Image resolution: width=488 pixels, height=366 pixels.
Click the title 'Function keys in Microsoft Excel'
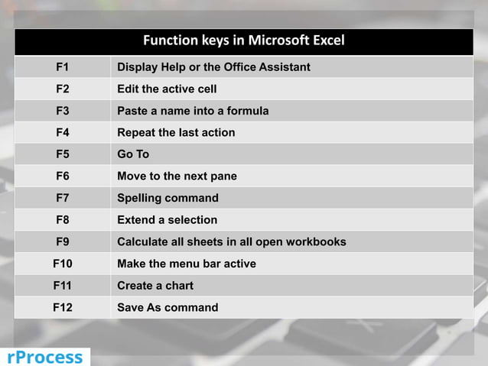pos(243,40)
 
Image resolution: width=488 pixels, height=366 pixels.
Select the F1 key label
pos(62,67)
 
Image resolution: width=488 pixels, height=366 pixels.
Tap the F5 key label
pos(62,154)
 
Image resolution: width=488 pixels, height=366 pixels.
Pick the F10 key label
pos(62,264)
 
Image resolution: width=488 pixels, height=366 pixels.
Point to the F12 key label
pos(62,308)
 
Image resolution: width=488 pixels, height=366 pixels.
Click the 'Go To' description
pos(133,154)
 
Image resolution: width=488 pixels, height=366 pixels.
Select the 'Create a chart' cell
pos(155,286)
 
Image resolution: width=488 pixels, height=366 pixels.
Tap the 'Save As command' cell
pos(168,308)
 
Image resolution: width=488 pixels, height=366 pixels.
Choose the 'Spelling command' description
pos(168,198)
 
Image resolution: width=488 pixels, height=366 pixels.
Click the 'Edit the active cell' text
pos(167,89)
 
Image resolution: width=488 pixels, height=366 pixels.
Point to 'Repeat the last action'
pos(176,133)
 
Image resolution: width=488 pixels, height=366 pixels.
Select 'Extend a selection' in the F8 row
pos(167,220)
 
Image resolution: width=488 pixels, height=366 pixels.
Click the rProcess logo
pos(44,357)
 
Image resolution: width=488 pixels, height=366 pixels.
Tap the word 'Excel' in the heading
pos(327,40)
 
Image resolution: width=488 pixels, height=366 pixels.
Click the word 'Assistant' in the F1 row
pos(283,67)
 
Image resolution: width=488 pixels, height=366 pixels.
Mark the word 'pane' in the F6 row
pos(223,177)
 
